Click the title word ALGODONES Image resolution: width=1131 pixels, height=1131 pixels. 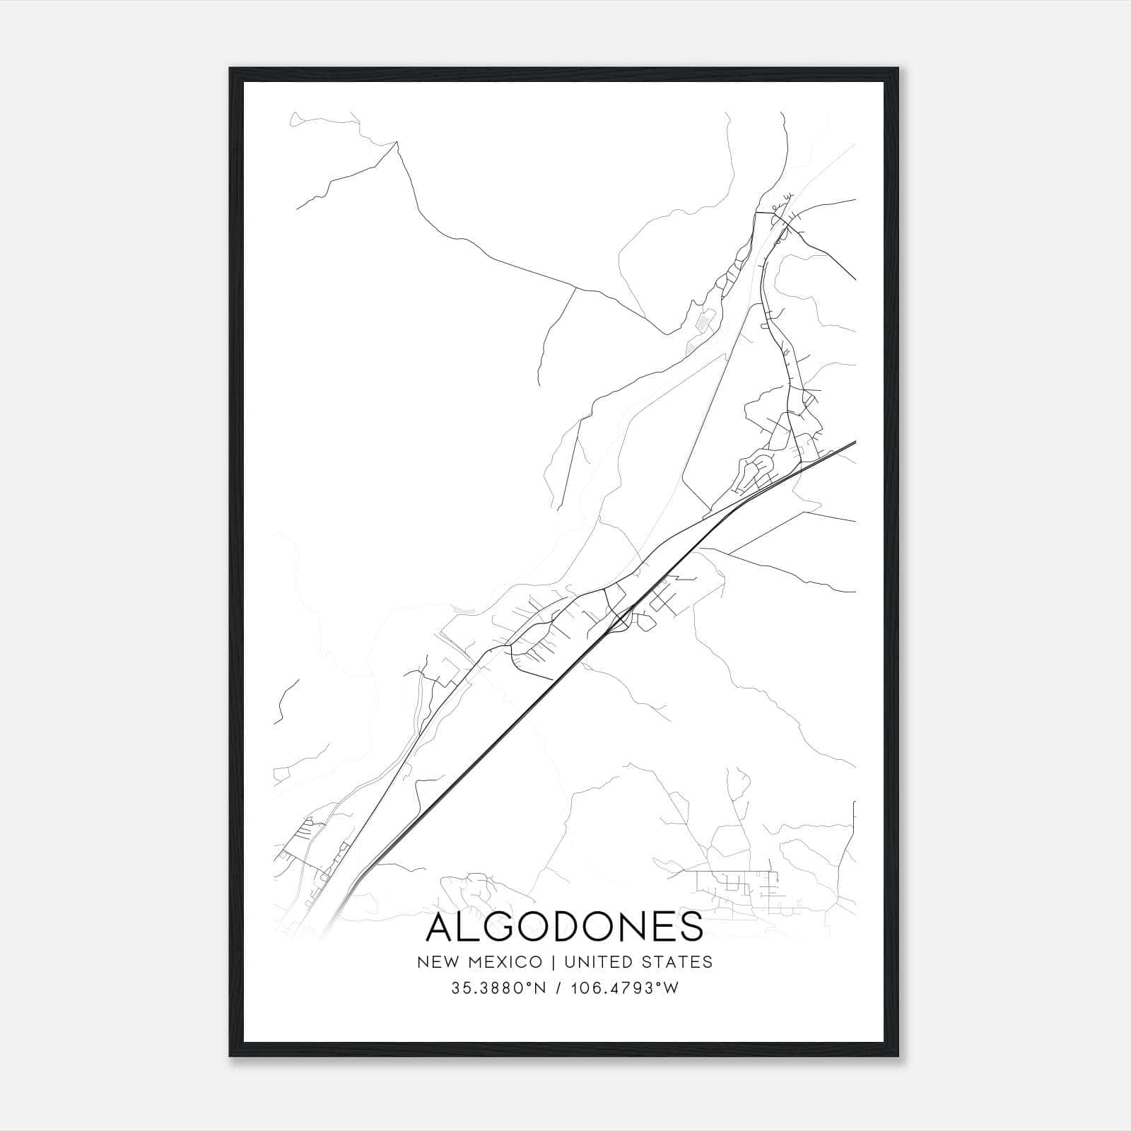point(565,927)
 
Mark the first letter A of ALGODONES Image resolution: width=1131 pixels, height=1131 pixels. point(441,927)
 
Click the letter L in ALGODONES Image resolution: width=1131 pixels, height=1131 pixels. point(473,927)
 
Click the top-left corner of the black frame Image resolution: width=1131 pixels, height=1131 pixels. point(231,69)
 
